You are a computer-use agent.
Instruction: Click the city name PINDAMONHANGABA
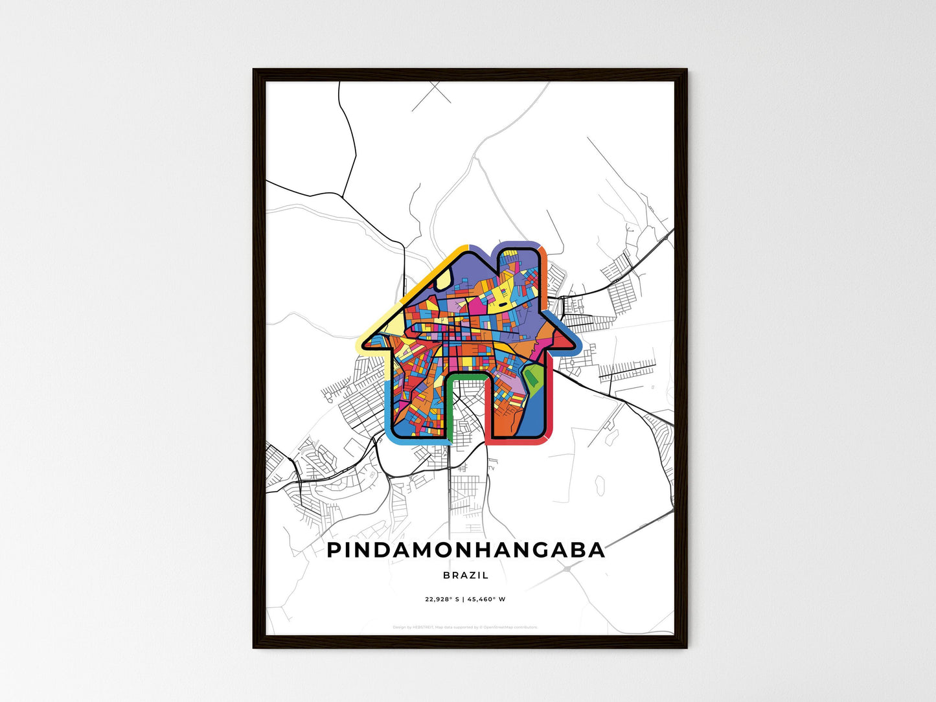[466, 550]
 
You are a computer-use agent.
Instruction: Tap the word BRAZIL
[466, 575]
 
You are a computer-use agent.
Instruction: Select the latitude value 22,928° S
[442, 599]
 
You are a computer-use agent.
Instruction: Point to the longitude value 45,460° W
[486, 599]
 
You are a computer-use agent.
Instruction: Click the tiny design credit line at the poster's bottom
[465, 627]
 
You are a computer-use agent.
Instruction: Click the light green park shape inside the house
[533, 379]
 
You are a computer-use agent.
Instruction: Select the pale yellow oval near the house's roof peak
[442, 280]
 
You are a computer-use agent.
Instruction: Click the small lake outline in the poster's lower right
[600, 482]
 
